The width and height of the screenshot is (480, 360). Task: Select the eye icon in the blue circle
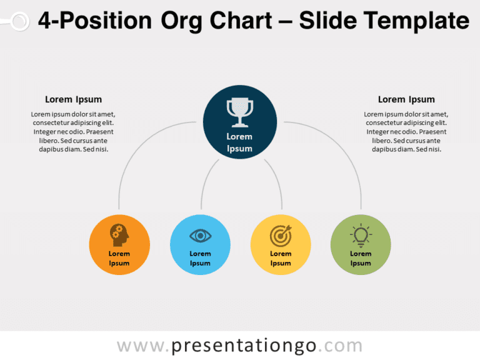(200, 236)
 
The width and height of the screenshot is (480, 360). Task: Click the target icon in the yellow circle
(281, 236)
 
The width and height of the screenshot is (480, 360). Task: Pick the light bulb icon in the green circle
(361, 235)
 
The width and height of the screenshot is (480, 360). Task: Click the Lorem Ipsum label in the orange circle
(119, 259)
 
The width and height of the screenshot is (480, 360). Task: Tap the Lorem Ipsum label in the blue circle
(200, 259)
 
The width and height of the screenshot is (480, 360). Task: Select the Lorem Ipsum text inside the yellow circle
(281, 259)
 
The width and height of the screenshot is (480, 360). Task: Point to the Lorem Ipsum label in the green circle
(361, 259)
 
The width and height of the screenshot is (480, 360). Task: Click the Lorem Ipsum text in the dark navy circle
(239, 142)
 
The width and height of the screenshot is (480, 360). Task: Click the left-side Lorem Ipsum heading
(73, 99)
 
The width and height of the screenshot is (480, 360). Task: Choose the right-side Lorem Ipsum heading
(406, 99)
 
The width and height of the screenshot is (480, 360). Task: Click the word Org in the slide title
(182, 21)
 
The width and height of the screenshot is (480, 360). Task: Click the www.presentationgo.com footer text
(239, 346)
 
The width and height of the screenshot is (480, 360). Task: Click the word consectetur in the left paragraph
(55, 123)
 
